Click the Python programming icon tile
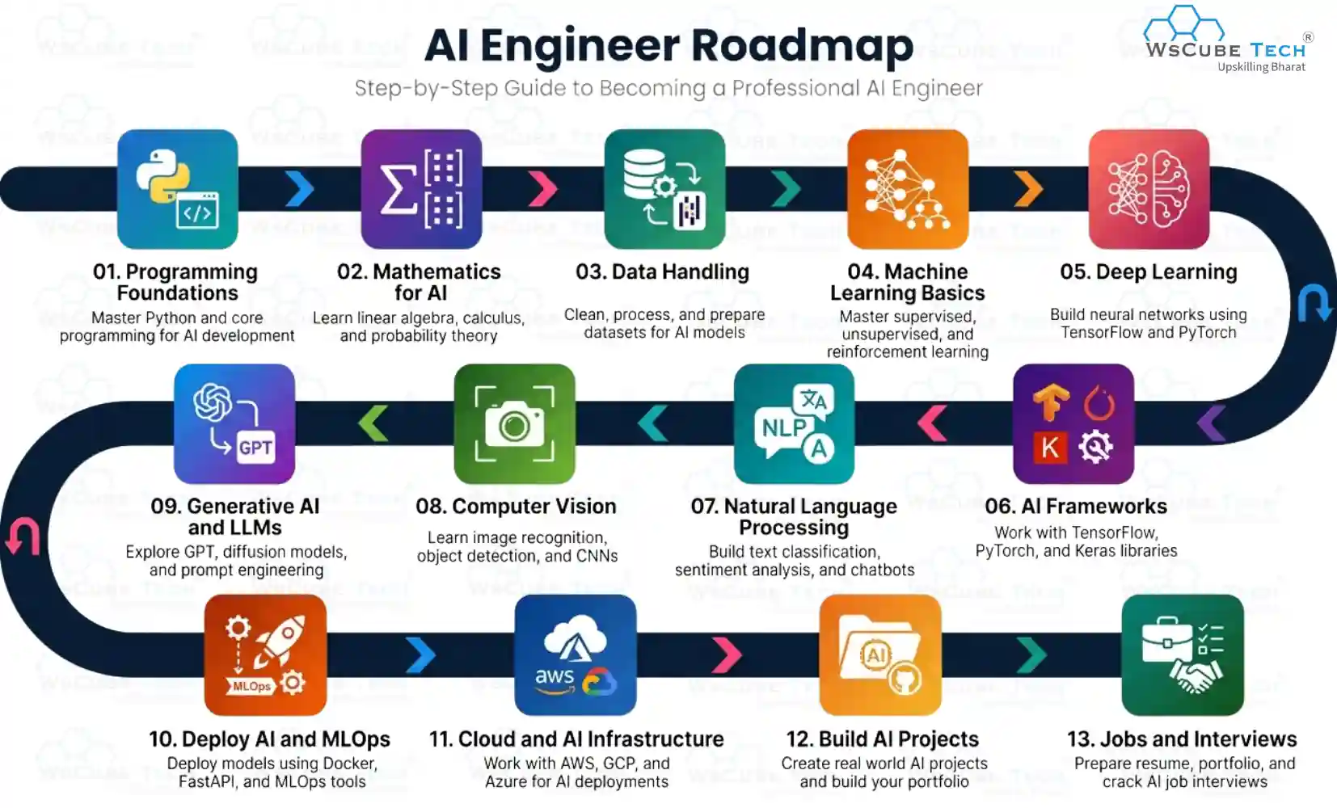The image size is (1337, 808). tap(177, 189)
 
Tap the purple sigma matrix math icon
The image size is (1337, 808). tap(421, 189)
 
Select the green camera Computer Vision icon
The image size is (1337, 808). tap(514, 423)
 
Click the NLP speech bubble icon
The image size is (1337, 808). tap(794, 423)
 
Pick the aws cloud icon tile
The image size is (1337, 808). tap(575, 654)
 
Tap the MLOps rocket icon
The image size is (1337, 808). tap(265, 654)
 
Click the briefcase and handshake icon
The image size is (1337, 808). tap(1182, 654)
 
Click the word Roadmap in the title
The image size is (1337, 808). tap(802, 45)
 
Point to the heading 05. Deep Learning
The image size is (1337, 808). tap(1148, 272)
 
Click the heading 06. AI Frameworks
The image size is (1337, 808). tap(1075, 507)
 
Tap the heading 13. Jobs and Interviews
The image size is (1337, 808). tap(1181, 739)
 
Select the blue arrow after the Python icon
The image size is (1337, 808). tap(300, 189)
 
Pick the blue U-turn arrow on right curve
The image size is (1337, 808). tap(1314, 303)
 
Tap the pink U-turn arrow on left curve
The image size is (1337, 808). tap(23, 537)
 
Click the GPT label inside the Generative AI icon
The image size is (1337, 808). tap(255, 448)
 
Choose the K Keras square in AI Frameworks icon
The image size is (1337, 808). tap(1049, 447)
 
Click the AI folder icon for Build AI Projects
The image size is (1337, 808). tap(879, 654)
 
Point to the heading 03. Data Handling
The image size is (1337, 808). tap(662, 272)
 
